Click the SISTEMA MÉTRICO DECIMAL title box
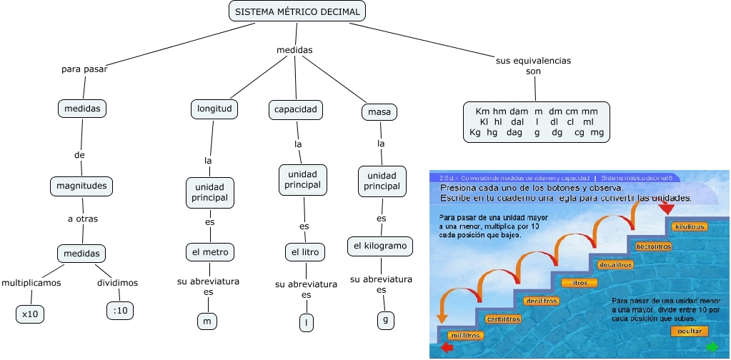click(x=298, y=11)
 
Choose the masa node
click(x=379, y=113)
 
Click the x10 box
click(x=30, y=314)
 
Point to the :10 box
click(x=120, y=310)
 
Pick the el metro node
click(x=209, y=252)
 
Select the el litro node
click(x=305, y=252)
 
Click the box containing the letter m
click(x=207, y=321)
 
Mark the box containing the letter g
click(x=385, y=321)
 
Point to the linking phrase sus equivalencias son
click(x=533, y=66)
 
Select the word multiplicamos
click(x=31, y=283)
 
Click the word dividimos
click(x=118, y=283)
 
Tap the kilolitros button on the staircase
click(x=690, y=226)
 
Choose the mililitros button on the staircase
click(x=466, y=335)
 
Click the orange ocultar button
click(x=690, y=331)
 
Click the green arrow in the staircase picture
click(x=712, y=347)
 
